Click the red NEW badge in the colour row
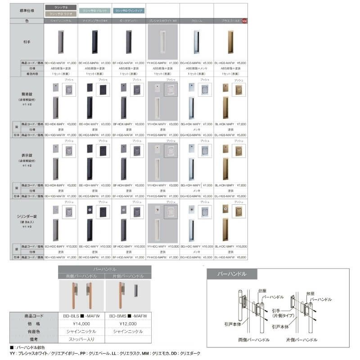244,21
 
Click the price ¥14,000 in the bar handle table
81,323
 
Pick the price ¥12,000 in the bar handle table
128,323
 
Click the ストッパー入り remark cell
81,338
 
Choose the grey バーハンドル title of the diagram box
232,274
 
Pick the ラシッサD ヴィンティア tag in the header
128,10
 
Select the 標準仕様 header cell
27,10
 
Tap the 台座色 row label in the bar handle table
34,331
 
